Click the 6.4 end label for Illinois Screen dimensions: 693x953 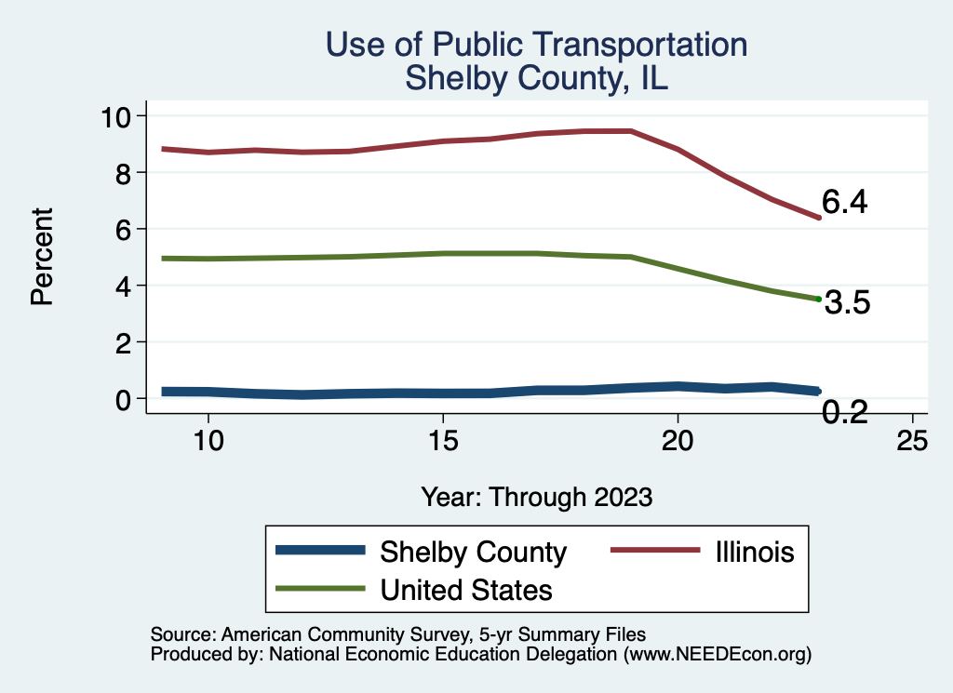844,202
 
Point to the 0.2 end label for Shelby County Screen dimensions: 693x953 844,412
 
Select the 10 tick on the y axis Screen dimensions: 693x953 119,116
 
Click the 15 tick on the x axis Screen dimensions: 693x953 443,441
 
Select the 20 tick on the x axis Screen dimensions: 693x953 678,441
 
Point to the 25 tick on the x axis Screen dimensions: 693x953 912,441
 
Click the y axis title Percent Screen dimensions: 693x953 40,257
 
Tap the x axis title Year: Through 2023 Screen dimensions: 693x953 536,496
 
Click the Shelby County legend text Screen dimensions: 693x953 474,553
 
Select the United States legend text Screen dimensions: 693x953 466,590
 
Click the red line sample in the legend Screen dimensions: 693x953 654,552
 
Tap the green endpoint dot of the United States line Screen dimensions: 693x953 818,299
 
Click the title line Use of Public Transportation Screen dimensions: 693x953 536,45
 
